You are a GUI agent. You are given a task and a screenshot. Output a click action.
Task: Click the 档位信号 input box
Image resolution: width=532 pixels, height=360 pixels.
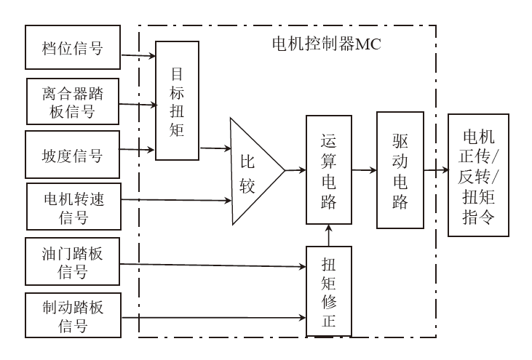(72, 48)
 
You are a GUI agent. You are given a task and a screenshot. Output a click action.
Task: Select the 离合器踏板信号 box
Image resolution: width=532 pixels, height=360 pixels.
(72, 101)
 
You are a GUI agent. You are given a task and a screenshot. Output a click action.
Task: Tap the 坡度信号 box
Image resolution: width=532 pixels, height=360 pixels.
(72, 154)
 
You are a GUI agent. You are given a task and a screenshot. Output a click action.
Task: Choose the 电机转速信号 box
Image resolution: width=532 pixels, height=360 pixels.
(72, 206)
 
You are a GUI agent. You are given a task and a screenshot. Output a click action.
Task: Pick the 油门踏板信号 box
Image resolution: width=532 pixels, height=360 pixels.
(72, 262)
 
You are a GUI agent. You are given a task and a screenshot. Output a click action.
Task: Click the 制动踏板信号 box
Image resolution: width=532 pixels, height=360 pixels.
(72, 315)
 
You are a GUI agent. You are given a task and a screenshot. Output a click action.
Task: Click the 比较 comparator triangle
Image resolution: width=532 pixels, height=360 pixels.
(251, 170)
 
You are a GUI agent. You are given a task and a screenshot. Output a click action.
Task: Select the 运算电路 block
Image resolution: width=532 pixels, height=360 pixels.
(330, 170)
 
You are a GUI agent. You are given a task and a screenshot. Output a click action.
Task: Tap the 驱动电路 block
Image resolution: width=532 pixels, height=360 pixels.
(400, 170)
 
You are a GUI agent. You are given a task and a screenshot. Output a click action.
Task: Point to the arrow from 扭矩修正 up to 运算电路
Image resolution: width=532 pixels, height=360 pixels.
(330, 235)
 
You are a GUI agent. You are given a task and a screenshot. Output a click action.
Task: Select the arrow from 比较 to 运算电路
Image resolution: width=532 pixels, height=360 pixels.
(295, 170)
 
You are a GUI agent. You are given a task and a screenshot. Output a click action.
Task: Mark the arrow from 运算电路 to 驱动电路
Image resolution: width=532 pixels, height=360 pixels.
(364, 170)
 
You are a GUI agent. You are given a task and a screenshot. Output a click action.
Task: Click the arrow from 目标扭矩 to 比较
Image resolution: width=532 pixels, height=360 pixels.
(215, 149)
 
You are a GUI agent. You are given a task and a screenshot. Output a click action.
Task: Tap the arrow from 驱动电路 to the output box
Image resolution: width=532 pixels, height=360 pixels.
(435, 172)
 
